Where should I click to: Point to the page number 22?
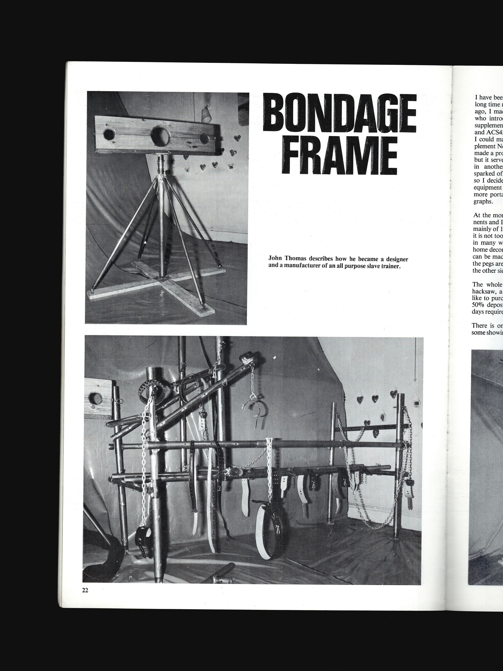tap(85, 590)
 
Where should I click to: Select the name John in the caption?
tap(275, 259)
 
